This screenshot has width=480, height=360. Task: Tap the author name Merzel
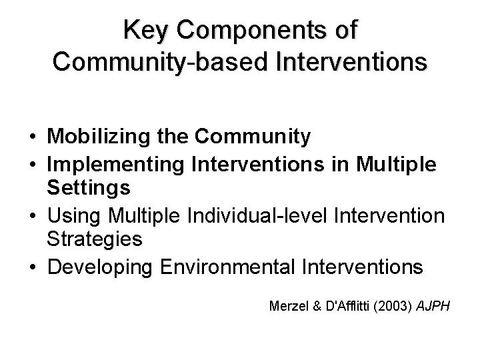pos(287,307)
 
